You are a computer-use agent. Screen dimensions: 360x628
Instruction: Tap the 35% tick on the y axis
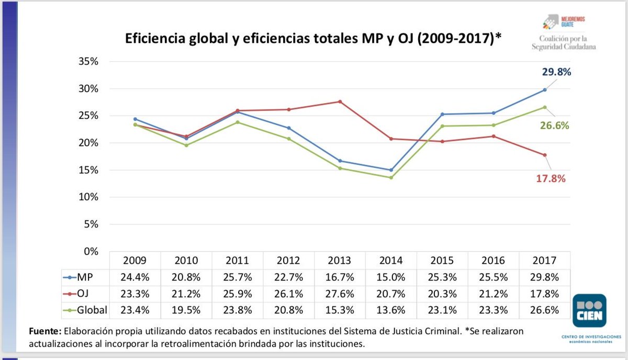point(88,62)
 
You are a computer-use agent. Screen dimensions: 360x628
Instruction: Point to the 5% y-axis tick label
point(90,224)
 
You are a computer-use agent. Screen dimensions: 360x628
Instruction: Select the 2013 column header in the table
point(340,261)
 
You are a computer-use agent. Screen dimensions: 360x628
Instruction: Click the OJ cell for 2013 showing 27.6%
point(340,294)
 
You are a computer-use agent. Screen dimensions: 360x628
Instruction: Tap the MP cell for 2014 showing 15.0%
point(391,277)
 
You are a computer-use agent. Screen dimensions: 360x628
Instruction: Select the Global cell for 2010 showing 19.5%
point(186,310)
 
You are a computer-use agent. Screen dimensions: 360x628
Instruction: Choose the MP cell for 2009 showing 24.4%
point(135,277)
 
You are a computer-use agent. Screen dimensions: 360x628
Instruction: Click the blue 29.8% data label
point(556,73)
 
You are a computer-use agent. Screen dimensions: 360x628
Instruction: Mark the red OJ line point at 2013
point(340,102)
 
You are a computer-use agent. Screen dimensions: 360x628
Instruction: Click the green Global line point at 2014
point(391,177)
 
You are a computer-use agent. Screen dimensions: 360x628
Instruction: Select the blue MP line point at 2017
point(545,89)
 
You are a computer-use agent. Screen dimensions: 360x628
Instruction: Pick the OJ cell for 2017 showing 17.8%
point(545,294)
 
